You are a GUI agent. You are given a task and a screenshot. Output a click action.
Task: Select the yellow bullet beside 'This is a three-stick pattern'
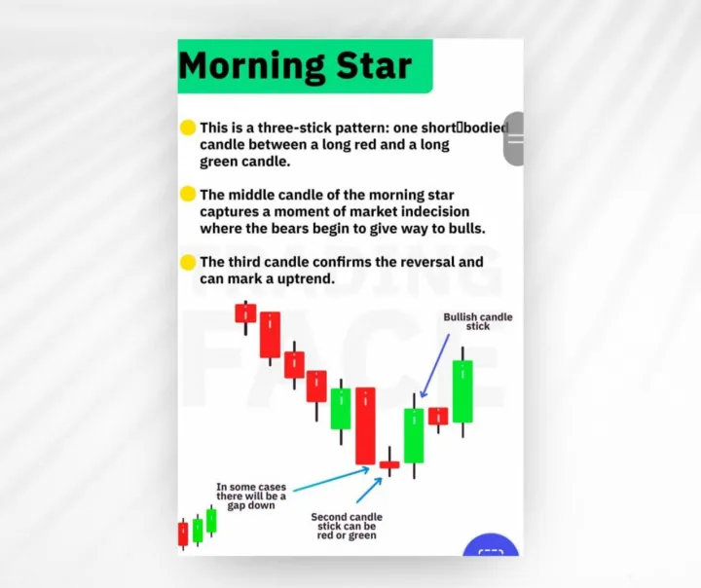tap(188, 128)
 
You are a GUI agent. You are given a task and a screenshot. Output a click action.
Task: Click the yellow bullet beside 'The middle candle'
tap(188, 194)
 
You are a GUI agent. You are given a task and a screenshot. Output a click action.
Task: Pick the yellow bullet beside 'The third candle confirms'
tap(188, 262)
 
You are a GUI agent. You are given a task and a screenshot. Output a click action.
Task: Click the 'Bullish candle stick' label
tap(477, 321)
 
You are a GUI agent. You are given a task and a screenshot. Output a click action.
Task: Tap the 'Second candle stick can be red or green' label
tap(347, 526)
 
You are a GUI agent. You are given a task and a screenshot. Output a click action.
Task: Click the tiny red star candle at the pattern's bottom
tap(389, 465)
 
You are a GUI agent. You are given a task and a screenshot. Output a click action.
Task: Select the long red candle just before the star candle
tap(365, 425)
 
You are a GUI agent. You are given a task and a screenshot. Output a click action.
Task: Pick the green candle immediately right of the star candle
tap(414, 435)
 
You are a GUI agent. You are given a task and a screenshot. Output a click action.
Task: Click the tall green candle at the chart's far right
tap(462, 390)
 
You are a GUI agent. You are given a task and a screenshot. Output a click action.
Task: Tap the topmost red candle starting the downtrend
tap(245, 312)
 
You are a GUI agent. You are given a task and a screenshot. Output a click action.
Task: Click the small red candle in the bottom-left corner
tap(183, 533)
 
